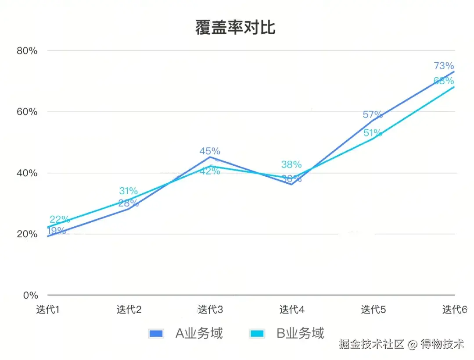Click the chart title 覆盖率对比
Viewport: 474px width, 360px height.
235,27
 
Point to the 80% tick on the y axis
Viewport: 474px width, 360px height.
27,51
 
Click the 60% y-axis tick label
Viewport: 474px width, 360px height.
27,112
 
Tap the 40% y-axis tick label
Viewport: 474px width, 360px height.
27,173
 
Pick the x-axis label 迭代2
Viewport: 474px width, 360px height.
129,310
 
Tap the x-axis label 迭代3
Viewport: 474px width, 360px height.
210,310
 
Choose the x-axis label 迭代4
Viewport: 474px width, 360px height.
292,310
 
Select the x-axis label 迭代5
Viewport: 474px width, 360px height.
373,310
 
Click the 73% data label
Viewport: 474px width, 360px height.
444,66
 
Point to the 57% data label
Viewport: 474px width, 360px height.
373,115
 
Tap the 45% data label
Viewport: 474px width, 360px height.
210,151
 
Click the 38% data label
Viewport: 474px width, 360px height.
291,165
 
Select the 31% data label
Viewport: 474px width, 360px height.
128,191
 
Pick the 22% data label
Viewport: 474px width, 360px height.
60,219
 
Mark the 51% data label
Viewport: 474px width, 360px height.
373,133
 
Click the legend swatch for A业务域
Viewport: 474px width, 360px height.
156,333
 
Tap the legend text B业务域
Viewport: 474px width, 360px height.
300,333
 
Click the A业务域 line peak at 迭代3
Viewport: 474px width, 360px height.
210,157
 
